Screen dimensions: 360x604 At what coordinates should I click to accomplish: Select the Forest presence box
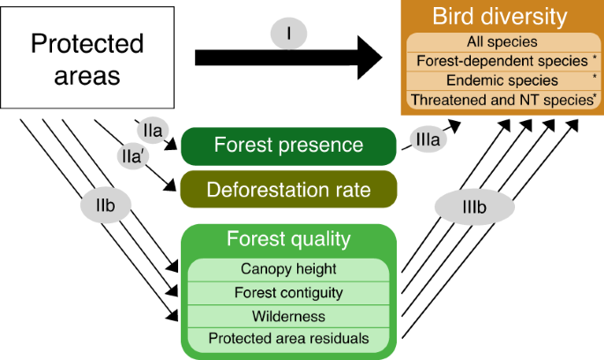[x=288, y=146]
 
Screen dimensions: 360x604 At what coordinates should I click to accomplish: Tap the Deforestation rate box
[x=288, y=189]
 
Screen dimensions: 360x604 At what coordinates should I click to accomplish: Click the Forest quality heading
[x=288, y=239]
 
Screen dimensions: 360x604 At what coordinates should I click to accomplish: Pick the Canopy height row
[x=288, y=269]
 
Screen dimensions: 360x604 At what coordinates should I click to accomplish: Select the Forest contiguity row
[x=288, y=292]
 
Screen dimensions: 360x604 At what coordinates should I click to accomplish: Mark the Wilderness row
[x=288, y=315]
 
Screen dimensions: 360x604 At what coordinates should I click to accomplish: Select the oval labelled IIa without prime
[x=153, y=130]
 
